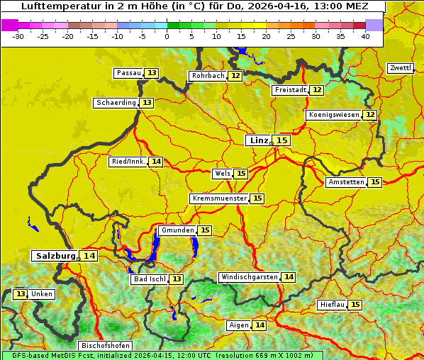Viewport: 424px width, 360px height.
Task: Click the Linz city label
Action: click(259, 140)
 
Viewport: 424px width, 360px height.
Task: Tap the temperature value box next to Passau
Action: click(152, 73)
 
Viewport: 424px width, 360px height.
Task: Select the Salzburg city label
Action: click(55, 256)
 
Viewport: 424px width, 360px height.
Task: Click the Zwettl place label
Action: click(401, 68)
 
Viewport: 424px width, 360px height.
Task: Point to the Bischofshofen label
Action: click(104, 346)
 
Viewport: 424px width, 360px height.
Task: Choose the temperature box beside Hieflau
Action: click(355, 305)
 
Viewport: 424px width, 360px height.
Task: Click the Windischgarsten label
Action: click(249, 277)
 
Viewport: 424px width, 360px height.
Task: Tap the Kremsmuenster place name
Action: click(219, 198)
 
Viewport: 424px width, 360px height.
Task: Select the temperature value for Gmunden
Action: click(204, 230)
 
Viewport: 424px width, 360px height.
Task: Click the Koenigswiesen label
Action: click(334, 115)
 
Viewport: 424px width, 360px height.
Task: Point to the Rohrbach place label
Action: click(207, 76)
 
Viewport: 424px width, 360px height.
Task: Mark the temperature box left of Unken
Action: click(20, 294)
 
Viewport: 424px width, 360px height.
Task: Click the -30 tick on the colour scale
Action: click(18, 36)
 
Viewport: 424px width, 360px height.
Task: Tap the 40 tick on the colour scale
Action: click(365, 36)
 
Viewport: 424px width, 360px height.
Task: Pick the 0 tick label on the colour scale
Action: click(167, 36)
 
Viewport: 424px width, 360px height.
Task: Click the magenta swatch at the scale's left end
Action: click(9, 25)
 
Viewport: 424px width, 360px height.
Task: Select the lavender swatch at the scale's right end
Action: click(374, 25)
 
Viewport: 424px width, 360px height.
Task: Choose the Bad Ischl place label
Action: click(149, 279)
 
